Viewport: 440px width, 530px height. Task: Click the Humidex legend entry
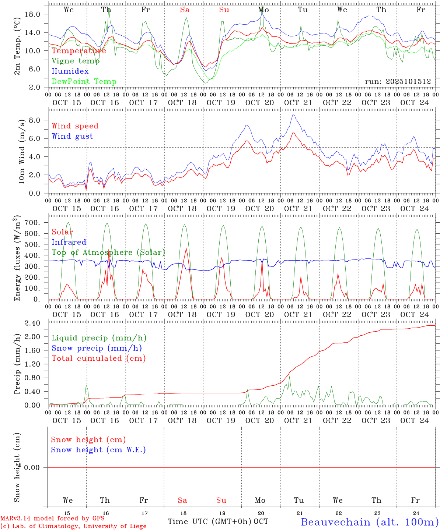[70, 71]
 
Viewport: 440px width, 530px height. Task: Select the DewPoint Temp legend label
[84, 82]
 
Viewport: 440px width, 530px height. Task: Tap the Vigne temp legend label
[76, 61]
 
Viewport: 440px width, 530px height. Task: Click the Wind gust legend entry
[72, 136]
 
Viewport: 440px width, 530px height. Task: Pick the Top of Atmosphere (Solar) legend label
[108, 252]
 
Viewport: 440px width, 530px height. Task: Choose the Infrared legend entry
[69, 242]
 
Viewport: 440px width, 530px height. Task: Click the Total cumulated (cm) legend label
[98, 358]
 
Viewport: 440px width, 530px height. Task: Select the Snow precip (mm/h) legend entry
[97, 348]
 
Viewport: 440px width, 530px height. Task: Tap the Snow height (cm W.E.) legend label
[98, 450]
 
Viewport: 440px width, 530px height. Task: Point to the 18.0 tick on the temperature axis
[32, 14]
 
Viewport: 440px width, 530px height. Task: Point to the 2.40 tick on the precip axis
[32, 323]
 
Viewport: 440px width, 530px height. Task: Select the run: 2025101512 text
[398, 82]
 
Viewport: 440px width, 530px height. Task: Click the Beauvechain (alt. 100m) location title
[369, 522]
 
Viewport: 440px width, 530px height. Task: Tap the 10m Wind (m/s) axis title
[21, 152]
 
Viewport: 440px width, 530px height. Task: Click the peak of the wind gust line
[293, 115]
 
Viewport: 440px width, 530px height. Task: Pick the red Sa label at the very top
[185, 10]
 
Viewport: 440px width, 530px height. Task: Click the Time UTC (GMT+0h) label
[209, 522]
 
